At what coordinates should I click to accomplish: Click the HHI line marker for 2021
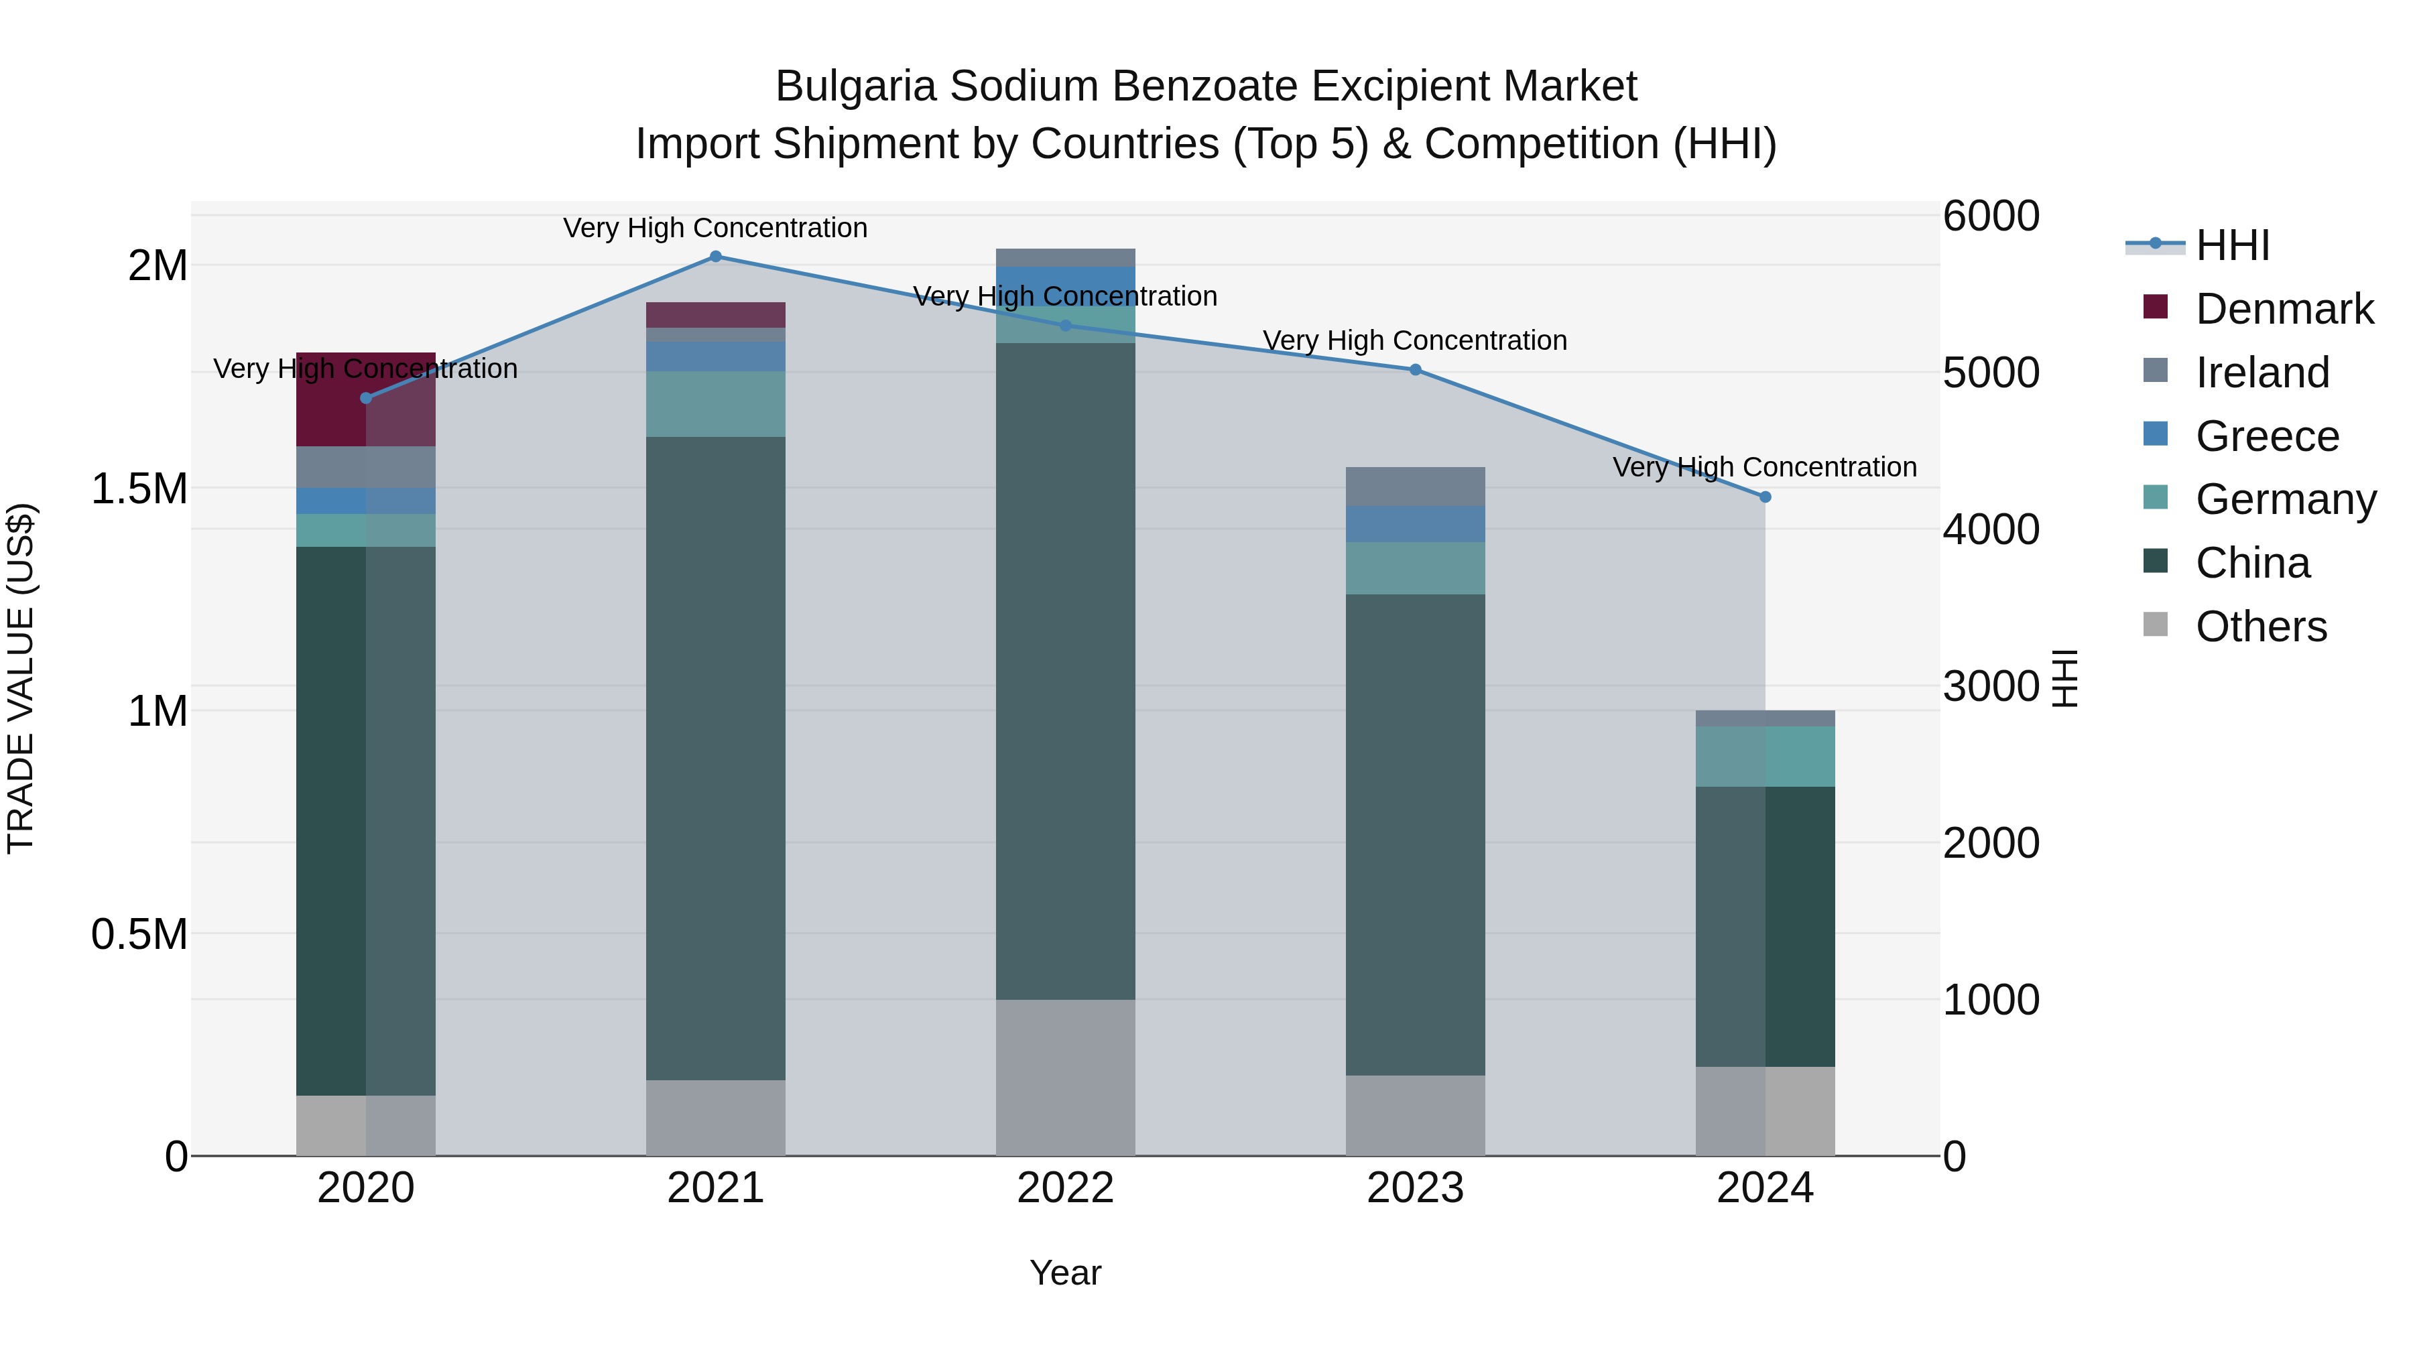(x=716, y=257)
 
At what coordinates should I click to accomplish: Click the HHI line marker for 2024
(x=1765, y=497)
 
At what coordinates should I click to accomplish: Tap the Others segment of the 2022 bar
(x=1065, y=1077)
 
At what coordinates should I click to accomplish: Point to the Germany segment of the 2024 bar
(x=1765, y=757)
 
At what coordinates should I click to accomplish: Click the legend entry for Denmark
(x=2283, y=309)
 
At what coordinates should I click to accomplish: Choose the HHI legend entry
(x=2232, y=245)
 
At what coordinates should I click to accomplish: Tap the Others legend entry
(x=2260, y=627)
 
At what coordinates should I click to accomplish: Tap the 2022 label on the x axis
(x=1065, y=1188)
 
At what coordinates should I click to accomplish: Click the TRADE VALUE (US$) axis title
(x=21, y=678)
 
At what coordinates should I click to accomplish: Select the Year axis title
(x=1065, y=1273)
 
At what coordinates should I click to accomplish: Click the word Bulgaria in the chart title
(x=856, y=86)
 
